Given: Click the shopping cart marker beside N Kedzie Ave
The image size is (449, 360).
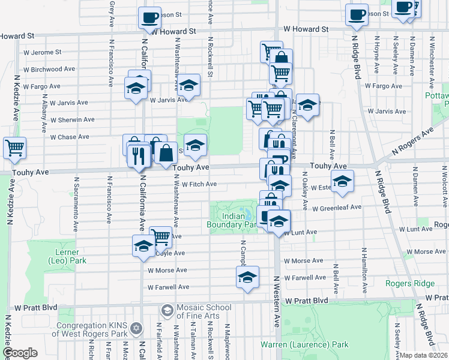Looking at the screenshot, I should click(x=14, y=147).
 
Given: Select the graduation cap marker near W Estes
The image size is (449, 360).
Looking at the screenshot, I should click(x=342, y=181).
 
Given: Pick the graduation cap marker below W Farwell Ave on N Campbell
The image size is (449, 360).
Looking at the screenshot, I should click(x=247, y=277).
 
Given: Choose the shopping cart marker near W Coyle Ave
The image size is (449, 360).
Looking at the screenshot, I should click(x=160, y=237).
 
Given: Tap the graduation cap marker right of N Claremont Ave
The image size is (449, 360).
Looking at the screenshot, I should click(x=307, y=105).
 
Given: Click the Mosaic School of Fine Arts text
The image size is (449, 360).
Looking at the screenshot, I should click(x=203, y=311).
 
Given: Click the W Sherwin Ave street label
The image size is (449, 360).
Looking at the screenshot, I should click(x=72, y=119).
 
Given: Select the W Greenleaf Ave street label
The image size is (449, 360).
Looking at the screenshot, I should click(x=337, y=208).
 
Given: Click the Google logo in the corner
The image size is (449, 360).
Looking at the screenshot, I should click(x=20, y=353).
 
